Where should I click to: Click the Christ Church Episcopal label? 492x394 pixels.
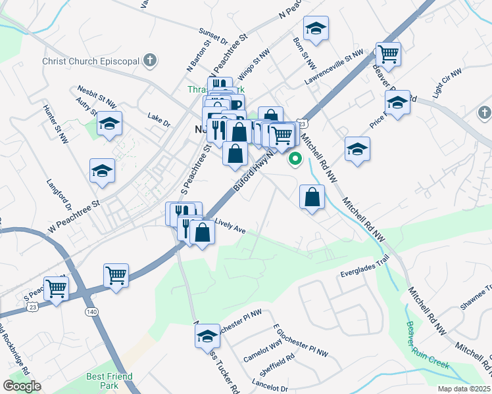point(90,61)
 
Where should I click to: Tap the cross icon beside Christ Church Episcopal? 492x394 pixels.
point(150,61)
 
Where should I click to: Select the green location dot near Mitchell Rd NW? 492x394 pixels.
point(296,158)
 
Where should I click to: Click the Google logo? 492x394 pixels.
point(22,386)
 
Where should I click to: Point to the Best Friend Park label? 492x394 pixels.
point(109,382)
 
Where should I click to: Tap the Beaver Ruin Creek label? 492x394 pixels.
point(426,347)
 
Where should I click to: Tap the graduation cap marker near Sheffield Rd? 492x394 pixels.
point(207,336)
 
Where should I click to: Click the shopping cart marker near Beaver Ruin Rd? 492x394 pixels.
point(388,54)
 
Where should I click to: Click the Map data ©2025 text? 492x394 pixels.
point(464,389)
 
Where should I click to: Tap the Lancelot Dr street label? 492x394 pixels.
point(270,389)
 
